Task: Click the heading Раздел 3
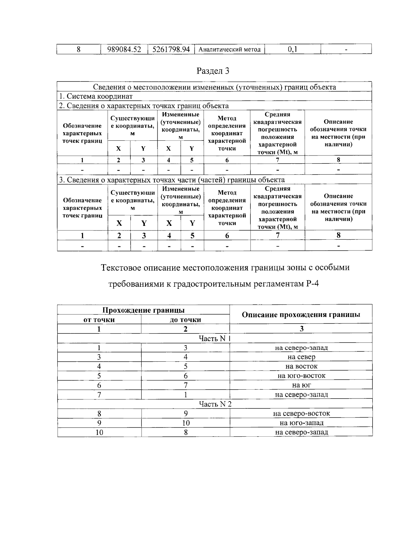click(213, 71)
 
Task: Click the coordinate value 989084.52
click(124, 49)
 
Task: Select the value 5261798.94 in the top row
click(171, 49)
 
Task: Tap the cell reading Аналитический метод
click(230, 50)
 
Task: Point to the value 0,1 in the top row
click(292, 49)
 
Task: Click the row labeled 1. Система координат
click(96, 96)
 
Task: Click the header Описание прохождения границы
click(301, 315)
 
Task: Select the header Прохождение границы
click(143, 310)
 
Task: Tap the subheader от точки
click(99, 320)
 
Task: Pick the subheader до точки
click(185, 320)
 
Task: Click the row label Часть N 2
click(215, 404)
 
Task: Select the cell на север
click(301, 357)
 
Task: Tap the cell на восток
click(301, 366)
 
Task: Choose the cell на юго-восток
click(301, 376)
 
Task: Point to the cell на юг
click(301, 385)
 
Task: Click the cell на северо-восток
click(301, 414)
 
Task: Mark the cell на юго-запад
click(301, 423)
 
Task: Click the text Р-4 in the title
click(312, 284)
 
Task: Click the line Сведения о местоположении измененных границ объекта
click(214, 87)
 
